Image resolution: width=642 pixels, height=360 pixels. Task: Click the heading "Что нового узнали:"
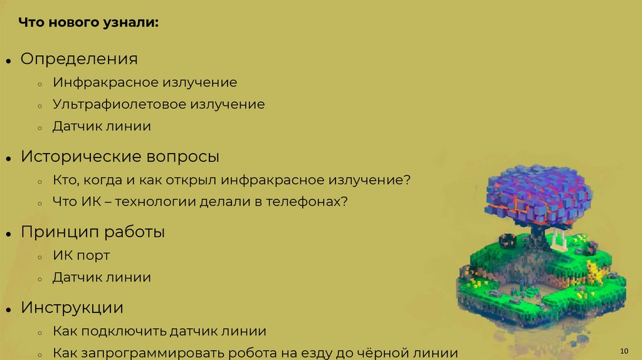click(x=88, y=23)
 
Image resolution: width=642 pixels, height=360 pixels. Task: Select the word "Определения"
click(x=79, y=59)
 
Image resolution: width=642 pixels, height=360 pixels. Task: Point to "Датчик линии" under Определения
click(x=102, y=126)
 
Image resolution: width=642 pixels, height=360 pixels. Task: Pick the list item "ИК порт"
click(x=81, y=255)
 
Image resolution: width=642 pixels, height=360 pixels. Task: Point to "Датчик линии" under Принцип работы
click(x=102, y=277)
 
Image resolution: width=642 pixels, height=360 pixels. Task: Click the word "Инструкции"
click(x=72, y=308)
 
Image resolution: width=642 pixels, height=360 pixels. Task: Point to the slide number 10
click(x=623, y=350)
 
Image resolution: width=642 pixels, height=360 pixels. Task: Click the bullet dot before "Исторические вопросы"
click(x=9, y=159)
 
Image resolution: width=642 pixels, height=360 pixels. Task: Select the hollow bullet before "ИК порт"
click(x=39, y=257)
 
